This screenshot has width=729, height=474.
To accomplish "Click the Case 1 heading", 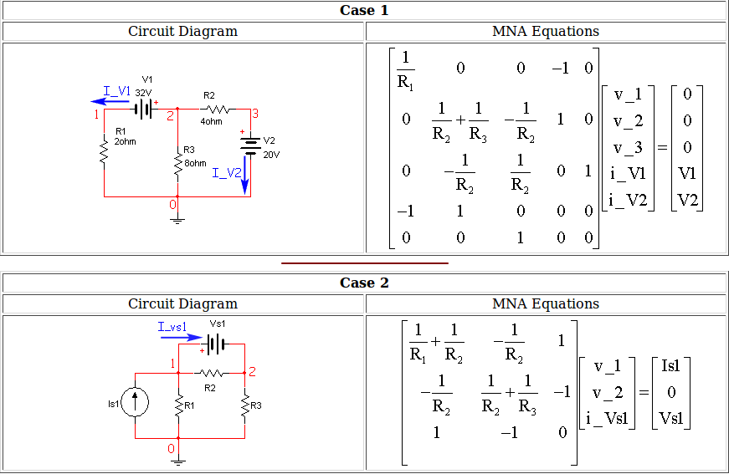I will tap(364, 11).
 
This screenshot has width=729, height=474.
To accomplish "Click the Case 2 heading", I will tap(364, 283).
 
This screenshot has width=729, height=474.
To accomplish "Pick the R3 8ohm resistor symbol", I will tap(177, 163).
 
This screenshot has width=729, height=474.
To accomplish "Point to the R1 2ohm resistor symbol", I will tap(104, 152).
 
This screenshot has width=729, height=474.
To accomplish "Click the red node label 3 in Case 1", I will tap(255, 114).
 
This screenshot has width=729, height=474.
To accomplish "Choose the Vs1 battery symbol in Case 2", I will tap(215, 343).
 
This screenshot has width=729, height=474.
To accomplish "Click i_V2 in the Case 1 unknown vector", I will tap(629, 200).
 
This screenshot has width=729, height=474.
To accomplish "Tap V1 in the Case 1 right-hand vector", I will tap(687, 174).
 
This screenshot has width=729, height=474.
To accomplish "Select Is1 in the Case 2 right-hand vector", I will tap(670, 366).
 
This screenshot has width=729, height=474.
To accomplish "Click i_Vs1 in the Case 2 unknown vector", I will tap(607, 419).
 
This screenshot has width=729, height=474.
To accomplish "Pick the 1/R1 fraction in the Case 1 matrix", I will tap(406, 70).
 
